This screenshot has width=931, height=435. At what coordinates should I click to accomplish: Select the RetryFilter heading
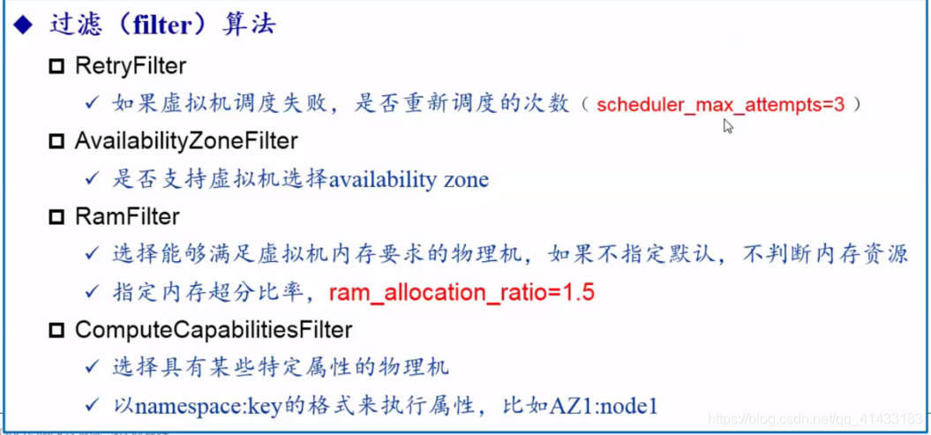131,65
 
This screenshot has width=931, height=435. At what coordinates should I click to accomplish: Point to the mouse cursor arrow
727,125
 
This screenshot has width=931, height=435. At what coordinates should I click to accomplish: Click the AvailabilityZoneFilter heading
186,140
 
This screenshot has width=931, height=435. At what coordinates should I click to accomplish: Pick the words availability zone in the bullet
409,180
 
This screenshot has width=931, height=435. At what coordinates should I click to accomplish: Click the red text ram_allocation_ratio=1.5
462,293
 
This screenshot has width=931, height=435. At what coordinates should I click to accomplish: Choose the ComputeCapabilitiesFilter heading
214,330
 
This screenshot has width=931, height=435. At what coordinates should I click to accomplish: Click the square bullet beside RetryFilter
57,66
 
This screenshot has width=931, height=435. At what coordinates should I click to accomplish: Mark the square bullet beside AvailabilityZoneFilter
57,141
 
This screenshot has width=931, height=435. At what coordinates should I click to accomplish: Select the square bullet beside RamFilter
57,217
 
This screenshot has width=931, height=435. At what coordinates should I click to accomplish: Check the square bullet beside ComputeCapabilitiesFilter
57,331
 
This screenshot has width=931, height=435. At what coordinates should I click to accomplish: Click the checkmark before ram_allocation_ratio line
92,292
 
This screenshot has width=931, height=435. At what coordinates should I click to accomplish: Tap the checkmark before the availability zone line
92,179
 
